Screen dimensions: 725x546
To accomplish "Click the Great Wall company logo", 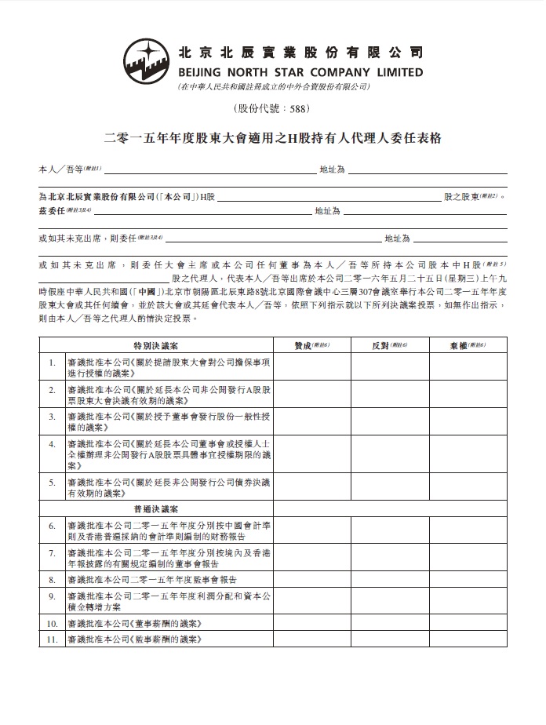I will [x=147, y=60].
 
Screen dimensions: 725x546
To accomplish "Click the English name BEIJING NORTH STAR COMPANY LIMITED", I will [x=300, y=72].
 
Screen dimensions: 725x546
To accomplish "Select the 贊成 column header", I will [x=311, y=344].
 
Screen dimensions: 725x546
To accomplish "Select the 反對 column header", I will [x=389, y=344].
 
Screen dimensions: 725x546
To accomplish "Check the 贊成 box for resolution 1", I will [x=311, y=366].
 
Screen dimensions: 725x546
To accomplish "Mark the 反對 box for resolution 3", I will [x=389, y=421].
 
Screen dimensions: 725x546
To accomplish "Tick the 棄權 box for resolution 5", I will [x=468, y=487].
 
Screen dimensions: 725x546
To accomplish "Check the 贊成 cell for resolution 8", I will [x=311, y=579].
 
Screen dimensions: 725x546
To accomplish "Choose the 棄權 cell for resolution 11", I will [x=468, y=640].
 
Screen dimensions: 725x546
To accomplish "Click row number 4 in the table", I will [x=51, y=444].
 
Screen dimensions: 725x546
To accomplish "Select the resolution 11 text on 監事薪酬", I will [x=134, y=640].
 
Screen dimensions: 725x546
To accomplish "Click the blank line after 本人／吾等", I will [x=206, y=169].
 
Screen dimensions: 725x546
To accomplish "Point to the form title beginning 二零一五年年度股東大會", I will [x=272, y=139].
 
